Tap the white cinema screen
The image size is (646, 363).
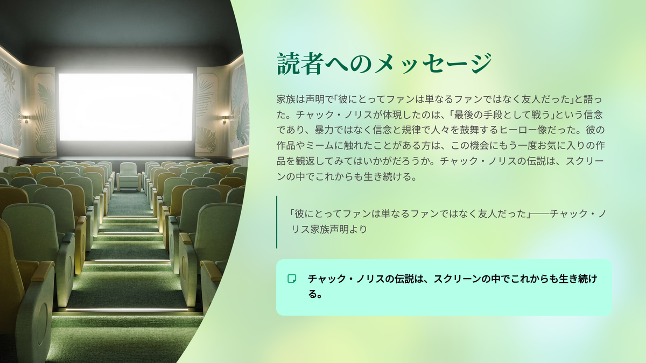click(126, 107)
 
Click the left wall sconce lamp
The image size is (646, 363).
click(26, 118)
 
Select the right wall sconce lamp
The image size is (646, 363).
click(224, 119)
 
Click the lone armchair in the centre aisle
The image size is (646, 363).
click(129, 176)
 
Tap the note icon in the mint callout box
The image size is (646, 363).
click(292, 279)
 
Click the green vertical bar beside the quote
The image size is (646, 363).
click(277, 222)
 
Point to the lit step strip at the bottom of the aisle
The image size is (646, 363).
click(127, 310)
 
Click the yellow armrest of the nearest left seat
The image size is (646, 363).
click(42, 271)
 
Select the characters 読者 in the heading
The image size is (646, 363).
click(299, 64)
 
